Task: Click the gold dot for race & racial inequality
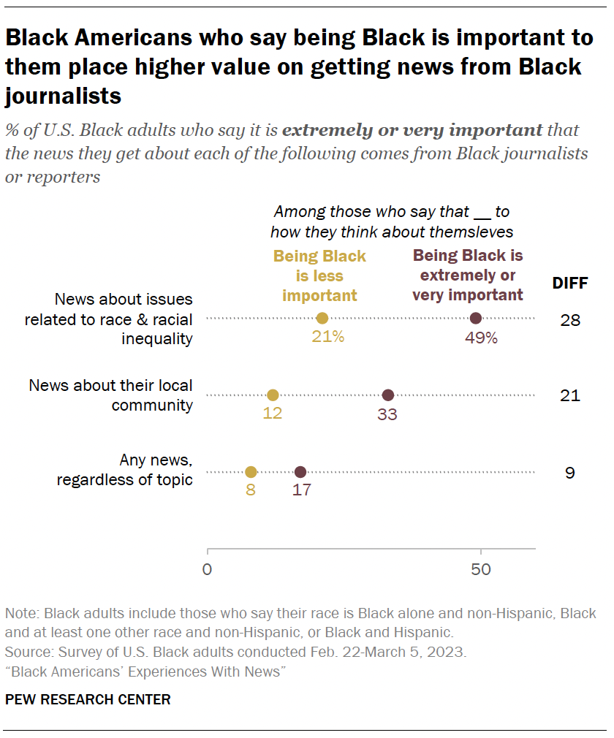(x=322, y=318)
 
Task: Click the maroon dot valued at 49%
(x=476, y=318)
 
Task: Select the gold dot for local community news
(x=273, y=395)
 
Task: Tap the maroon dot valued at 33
(x=388, y=395)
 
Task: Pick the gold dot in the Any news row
(x=251, y=472)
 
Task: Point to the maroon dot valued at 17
(x=300, y=472)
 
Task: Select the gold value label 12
(x=273, y=414)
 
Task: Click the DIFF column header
(x=569, y=283)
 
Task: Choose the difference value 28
(x=569, y=319)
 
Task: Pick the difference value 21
(x=569, y=395)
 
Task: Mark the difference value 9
(x=569, y=473)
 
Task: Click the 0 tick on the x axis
(x=208, y=569)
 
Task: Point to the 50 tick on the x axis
(x=480, y=569)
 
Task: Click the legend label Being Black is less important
(x=319, y=276)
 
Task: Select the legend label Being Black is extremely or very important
(x=468, y=275)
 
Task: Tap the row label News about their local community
(x=111, y=395)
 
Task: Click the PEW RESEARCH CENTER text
(x=88, y=699)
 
